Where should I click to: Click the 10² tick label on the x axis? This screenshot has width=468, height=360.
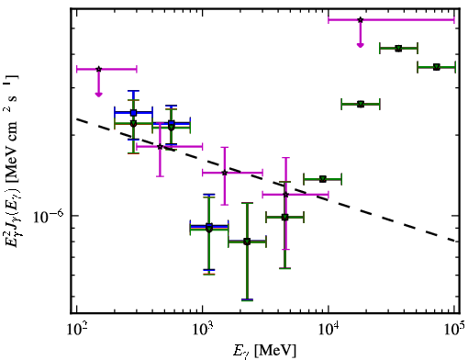[x=77, y=329]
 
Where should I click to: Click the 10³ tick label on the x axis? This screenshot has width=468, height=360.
[x=204, y=329]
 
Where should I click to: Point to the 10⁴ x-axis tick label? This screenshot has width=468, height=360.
[x=329, y=329]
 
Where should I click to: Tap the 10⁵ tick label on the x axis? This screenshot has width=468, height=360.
[x=455, y=329]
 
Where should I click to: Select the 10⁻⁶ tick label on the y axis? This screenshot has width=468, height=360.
[x=48, y=216]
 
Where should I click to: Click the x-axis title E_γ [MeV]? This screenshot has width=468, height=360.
[x=264, y=351]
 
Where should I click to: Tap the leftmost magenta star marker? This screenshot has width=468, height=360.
[x=98, y=69]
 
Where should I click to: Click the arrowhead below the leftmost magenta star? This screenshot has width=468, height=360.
[x=98, y=95]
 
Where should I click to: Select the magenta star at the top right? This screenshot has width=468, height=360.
[x=361, y=20]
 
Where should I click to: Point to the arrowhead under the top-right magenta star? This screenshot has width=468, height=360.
[x=361, y=45]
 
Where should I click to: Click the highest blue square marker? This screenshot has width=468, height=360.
[x=133, y=113]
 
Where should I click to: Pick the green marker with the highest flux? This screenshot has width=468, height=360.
[x=398, y=49]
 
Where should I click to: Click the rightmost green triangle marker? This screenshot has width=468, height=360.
[x=437, y=67]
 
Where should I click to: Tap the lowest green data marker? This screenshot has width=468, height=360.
[x=247, y=242]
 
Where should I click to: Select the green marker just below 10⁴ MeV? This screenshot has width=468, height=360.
[x=323, y=179]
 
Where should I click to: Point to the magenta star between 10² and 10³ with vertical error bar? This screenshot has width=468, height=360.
[x=160, y=147]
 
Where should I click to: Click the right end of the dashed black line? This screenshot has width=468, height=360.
[x=455, y=241]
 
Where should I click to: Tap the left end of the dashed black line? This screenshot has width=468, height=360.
[x=76, y=118]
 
